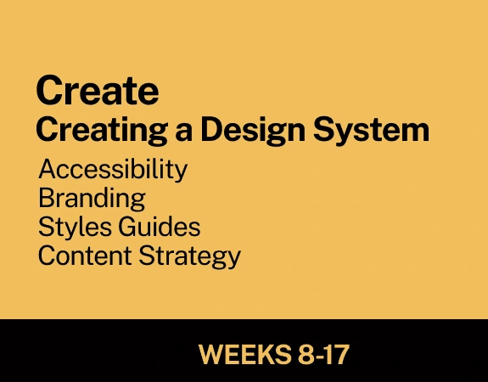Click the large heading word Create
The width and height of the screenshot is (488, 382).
click(98, 90)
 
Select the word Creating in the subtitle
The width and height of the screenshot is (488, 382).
click(102, 131)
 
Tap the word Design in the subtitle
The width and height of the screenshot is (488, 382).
click(253, 131)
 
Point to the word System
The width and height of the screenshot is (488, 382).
click(371, 129)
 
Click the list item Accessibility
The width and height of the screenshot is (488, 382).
click(113, 170)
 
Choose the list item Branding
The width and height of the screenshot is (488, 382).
click(92, 199)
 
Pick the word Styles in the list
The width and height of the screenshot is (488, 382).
click(75, 228)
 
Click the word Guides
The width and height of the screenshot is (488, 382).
click(160, 227)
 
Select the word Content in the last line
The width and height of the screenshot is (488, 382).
click(85, 256)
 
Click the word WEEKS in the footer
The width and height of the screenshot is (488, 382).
click(244, 354)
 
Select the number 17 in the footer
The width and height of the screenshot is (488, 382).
click(337, 354)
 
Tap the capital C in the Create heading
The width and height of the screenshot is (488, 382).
click(48, 90)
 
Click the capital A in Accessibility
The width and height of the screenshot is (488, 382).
click(49, 168)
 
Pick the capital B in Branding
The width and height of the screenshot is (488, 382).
click(46, 198)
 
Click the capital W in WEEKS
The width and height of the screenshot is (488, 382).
click(213, 354)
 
